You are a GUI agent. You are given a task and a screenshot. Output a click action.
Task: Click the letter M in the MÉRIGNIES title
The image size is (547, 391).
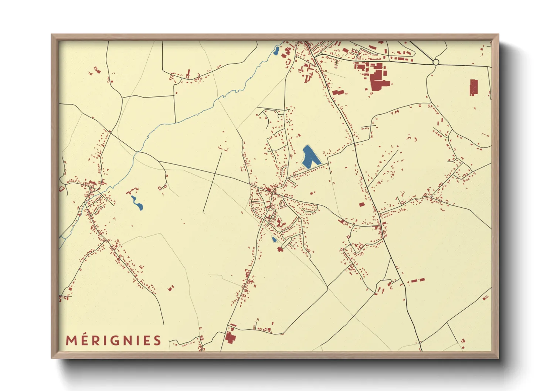[x=71, y=340]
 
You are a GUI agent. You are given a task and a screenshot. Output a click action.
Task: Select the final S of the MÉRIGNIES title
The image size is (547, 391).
[x=157, y=340]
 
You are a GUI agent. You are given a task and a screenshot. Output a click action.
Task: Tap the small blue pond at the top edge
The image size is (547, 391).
[x=276, y=51]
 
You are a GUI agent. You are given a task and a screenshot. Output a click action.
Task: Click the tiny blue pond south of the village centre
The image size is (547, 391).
[x=274, y=239]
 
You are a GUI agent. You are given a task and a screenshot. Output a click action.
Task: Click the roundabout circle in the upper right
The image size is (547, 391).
[x=436, y=62]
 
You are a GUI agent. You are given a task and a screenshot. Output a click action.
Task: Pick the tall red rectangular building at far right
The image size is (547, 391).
[x=473, y=88]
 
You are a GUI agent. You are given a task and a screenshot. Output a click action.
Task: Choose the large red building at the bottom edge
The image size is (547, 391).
[x=230, y=338]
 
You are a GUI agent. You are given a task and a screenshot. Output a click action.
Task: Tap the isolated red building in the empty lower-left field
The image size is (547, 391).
[x=171, y=288]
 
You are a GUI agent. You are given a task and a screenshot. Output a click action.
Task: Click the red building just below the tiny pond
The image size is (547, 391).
[x=280, y=249]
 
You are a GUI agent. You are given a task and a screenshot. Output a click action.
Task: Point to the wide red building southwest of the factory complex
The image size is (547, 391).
[x=338, y=92]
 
